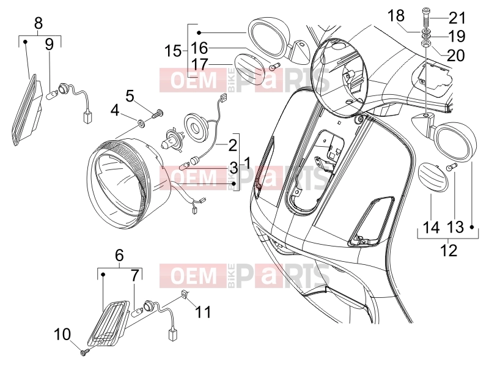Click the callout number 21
click(x=457, y=18)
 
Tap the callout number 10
click(x=62, y=335)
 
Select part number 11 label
click(x=203, y=312)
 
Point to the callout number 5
click(x=130, y=96)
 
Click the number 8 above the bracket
click(x=38, y=23)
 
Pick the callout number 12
click(x=449, y=250)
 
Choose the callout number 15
click(x=173, y=51)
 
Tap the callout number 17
click(x=200, y=65)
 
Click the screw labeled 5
click(x=158, y=113)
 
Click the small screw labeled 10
click(x=85, y=353)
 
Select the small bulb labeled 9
click(x=51, y=93)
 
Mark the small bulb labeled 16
click(x=276, y=66)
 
